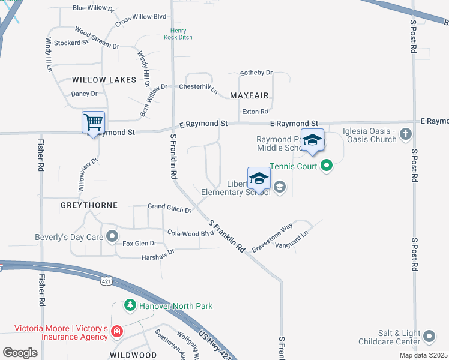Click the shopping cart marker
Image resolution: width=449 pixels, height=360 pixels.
[x=93, y=122]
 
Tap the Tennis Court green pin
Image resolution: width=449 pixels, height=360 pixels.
[x=327, y=166]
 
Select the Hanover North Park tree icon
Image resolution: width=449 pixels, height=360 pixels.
[x=130, y=306]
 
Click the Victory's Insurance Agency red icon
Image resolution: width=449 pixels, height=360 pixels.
[x=116, y=331]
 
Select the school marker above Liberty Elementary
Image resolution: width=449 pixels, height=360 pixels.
[x=259, y=178]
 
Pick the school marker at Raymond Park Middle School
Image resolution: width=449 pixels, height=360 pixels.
[x=312, y=140]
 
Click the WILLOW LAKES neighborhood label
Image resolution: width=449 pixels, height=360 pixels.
[x=97, y=80]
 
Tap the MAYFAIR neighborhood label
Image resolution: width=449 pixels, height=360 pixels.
[x=249, y=95]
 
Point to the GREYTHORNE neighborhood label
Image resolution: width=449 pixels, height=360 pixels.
[x=89, y=205]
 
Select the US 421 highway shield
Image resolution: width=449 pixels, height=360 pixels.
[x=106, y=281]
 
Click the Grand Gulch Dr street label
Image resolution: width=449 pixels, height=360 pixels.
[x=169, y=208]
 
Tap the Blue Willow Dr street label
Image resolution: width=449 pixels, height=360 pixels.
[x=93, y=8]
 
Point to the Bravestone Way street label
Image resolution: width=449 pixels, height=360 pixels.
[x=272, y=237]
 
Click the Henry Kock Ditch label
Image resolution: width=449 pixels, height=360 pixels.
[x=178, y=34]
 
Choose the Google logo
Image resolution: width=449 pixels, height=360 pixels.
[x=20, y=352]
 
